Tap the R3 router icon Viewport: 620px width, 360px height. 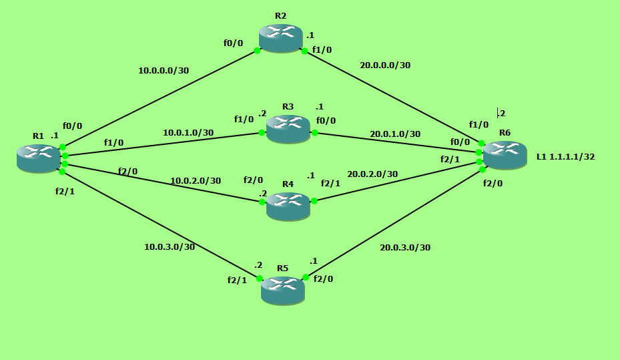288,128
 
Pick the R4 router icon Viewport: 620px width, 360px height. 288,206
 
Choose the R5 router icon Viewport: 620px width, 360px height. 282,291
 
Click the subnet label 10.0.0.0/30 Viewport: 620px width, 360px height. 164,70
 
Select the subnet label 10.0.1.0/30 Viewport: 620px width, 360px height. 188,132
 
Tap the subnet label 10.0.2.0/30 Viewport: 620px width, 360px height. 196,180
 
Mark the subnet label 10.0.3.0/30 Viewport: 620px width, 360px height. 170,246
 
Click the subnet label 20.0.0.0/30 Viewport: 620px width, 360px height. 385,65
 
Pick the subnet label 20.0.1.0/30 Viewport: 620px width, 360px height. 395,134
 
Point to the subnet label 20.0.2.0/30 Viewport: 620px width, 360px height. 372,174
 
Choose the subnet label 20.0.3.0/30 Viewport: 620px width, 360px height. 405,247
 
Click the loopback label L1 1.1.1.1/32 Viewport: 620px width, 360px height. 565,157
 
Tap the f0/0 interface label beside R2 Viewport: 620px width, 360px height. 233,43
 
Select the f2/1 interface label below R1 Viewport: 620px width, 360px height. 65,192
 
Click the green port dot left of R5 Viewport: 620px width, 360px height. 259,278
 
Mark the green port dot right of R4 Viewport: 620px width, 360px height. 314,200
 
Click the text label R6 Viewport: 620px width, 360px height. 505,132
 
